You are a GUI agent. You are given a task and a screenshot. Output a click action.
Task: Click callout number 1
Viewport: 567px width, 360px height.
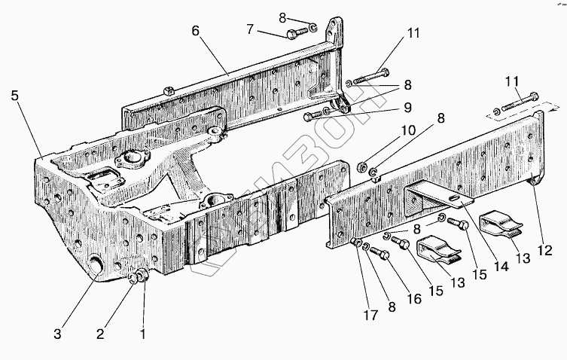pos(143,332)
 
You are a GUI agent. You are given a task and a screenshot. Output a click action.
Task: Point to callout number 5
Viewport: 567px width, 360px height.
pos(14,96)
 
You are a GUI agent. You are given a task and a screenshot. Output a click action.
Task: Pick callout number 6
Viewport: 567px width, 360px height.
pos(195,31)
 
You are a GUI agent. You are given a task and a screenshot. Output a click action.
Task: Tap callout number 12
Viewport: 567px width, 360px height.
pos(546,249)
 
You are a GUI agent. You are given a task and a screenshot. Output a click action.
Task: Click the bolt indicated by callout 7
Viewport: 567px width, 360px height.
pos(295,32)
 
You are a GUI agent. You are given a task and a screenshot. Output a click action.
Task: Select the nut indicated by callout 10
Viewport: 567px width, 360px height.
pos(361,165)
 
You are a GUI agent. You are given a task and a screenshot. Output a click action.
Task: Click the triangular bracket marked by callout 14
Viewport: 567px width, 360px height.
pos(433,197)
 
